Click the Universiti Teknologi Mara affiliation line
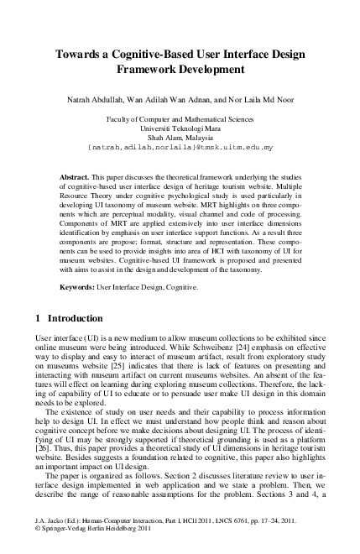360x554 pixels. pos(180,128)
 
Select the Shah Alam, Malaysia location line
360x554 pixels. pos(180,137)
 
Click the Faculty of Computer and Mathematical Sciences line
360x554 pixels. pos(180,118)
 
